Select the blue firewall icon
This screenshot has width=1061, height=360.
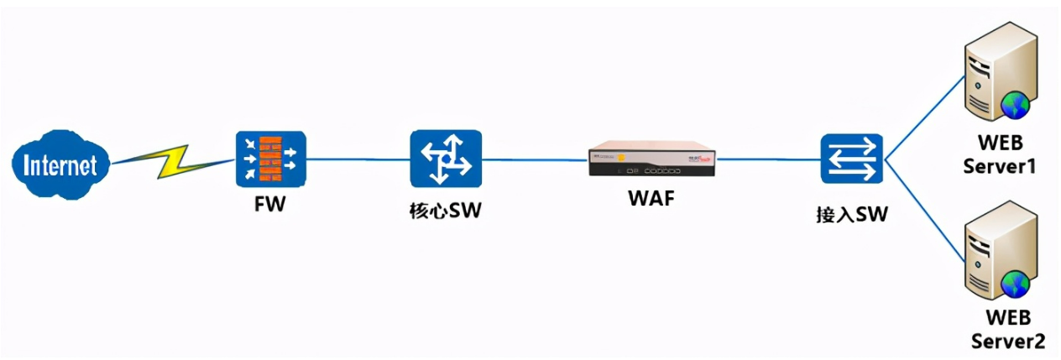271,159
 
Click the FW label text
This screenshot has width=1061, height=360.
270,203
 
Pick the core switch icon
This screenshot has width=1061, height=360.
446,159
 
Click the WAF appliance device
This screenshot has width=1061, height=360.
652,158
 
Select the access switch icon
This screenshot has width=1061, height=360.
852,159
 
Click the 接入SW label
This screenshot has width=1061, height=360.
851,215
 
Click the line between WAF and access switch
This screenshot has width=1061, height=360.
768,158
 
